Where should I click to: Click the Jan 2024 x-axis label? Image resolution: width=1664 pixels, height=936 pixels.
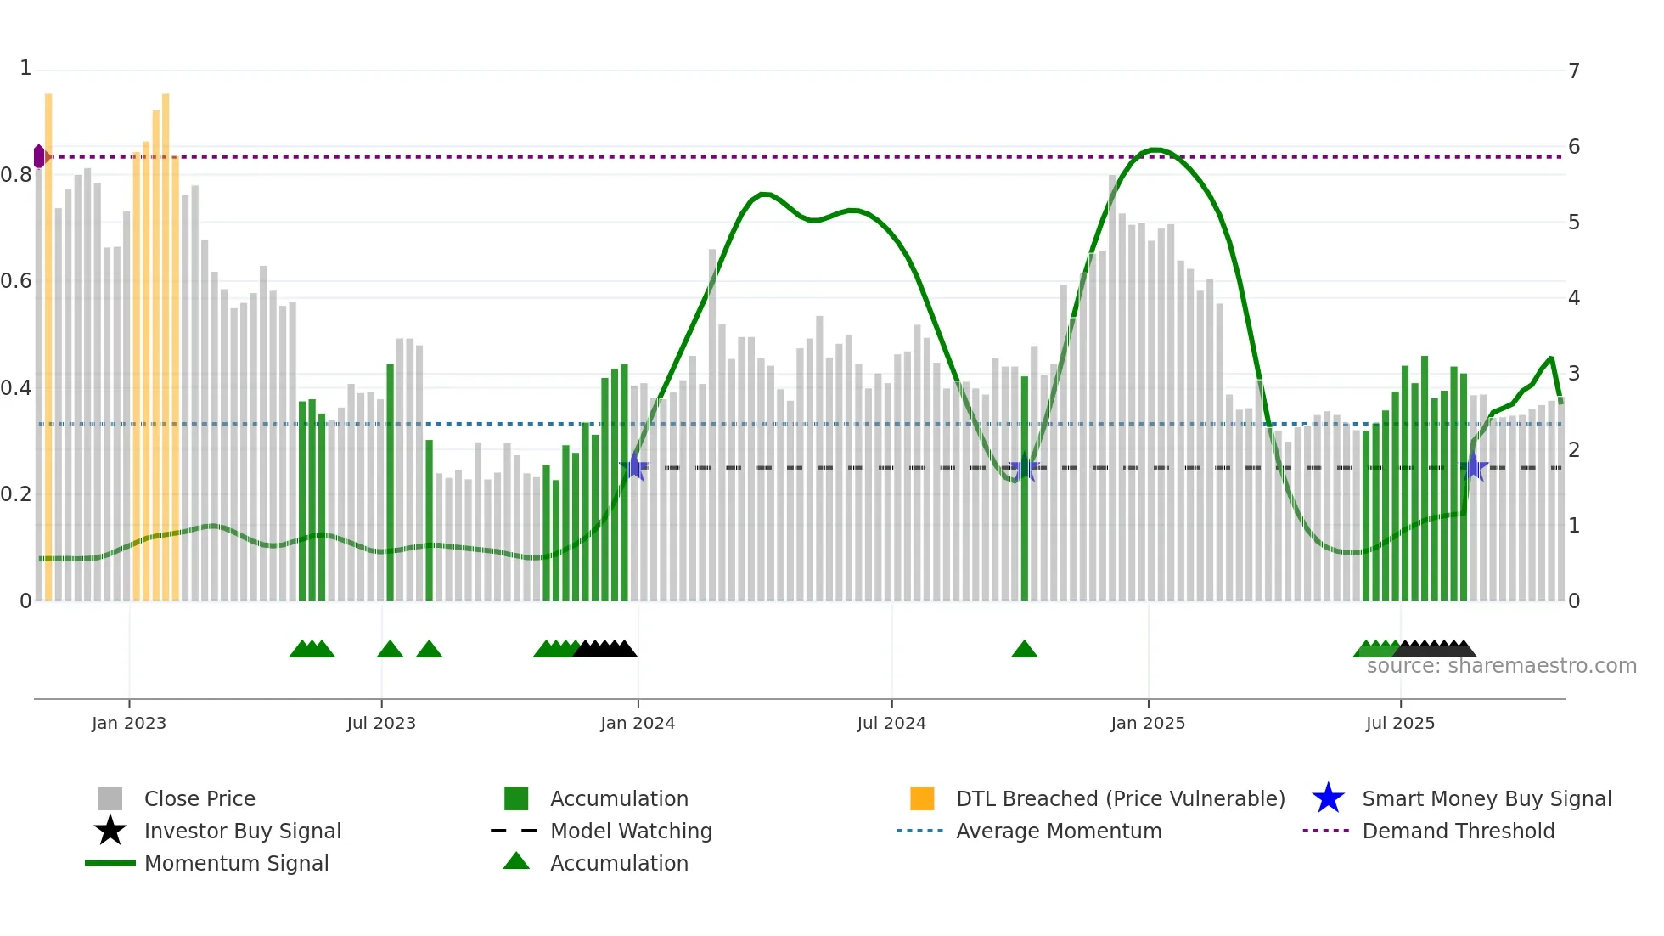pos(638,723)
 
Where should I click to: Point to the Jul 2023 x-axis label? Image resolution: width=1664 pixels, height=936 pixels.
pos(381,723)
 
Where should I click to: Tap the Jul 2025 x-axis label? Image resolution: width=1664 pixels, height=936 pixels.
pos(1400,723)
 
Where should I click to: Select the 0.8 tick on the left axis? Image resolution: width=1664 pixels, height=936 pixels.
pos(17,175)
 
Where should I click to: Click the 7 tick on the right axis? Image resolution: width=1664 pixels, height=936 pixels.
pos(1574,70)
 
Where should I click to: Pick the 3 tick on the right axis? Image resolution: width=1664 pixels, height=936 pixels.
pos(1574,374)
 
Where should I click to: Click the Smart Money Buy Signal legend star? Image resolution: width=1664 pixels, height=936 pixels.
pos(1328,798)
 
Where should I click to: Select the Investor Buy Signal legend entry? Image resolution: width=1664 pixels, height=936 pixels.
pos(242,831)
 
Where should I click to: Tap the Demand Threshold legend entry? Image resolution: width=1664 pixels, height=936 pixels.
pos(1458,831)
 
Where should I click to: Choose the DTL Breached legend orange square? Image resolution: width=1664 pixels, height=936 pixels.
pos(922,798)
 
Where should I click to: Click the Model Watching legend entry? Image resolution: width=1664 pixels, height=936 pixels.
pos(631,831)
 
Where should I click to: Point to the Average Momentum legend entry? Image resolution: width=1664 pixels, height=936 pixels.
pos(1059,831)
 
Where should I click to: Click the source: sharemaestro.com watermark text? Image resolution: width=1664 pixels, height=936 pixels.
pos(1501,666)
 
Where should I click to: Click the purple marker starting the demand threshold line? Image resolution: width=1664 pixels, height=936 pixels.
pos(39,156)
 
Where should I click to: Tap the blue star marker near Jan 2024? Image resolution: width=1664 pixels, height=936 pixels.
pos(634,467)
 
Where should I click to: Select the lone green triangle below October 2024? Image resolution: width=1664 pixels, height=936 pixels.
pos(1024,649)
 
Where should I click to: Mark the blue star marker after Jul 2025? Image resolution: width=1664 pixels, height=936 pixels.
pos(1475,467)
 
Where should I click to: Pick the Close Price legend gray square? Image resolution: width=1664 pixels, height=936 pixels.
pos(110,798)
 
